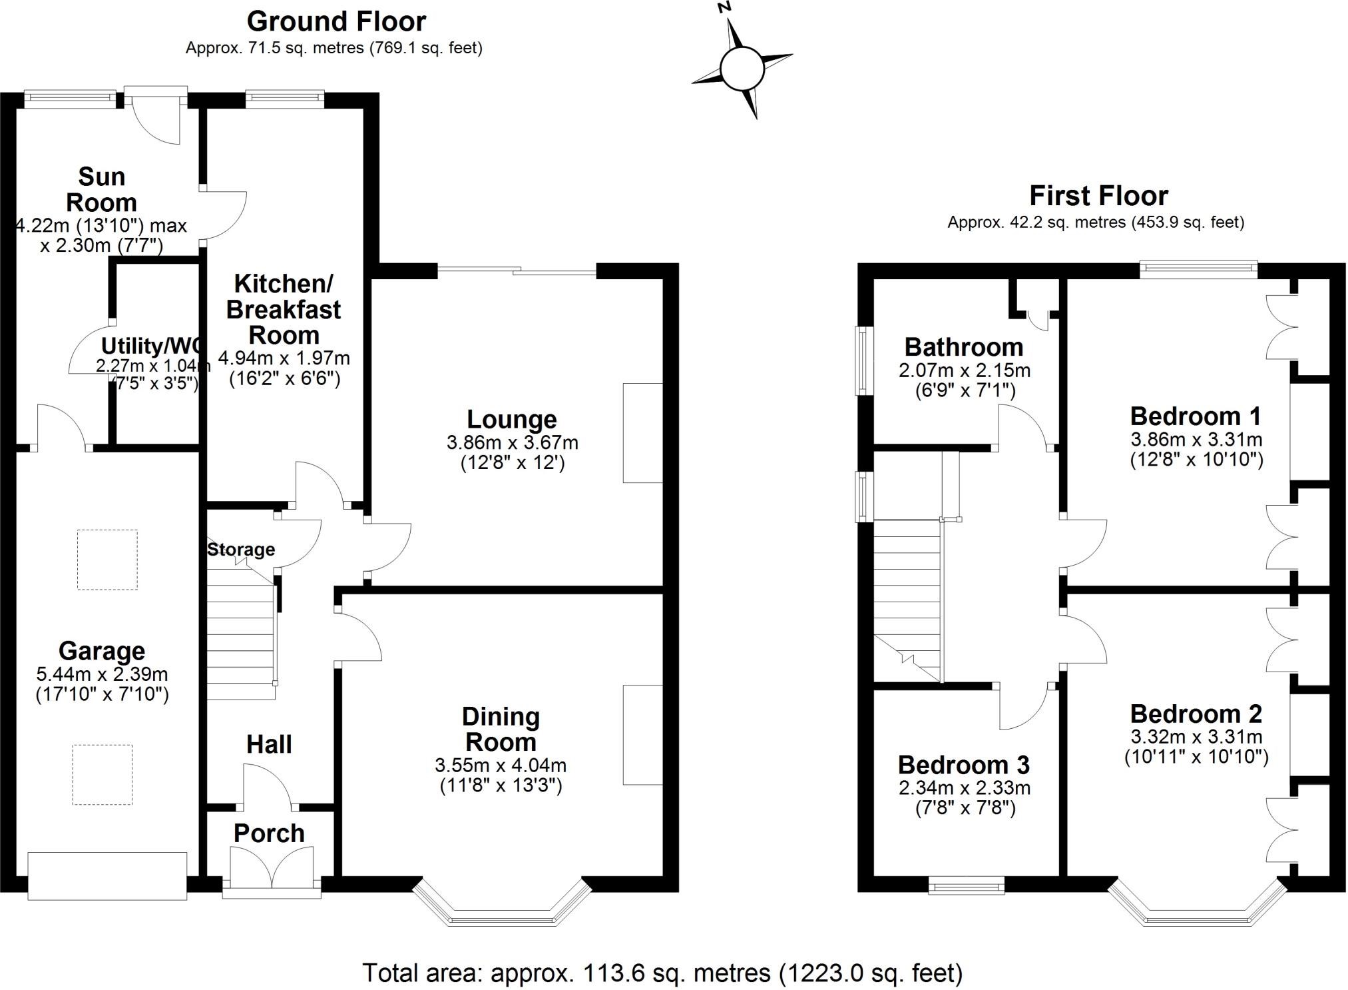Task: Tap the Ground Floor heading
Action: coord(336,22)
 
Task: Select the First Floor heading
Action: coord(1098,196)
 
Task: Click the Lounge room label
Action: coord(512,420)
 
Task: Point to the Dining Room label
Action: coord(501,730)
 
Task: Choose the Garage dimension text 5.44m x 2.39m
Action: coord(102,674)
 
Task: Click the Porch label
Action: coord(269,833)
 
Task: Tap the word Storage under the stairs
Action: coord(241,550)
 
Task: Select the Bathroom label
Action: coord(964,347)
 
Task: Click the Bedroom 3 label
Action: coord(964,765)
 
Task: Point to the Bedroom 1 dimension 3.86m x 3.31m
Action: coord(1196,440)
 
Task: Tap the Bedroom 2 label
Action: coord(1196,714)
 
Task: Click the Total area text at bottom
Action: coord(662,973)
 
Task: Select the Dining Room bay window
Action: coord(502,903)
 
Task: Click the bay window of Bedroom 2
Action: coord(1197,903)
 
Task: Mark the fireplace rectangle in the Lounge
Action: coord(643,432)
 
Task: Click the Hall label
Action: coord(269,744)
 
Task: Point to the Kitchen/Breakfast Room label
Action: coord(284,309)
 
